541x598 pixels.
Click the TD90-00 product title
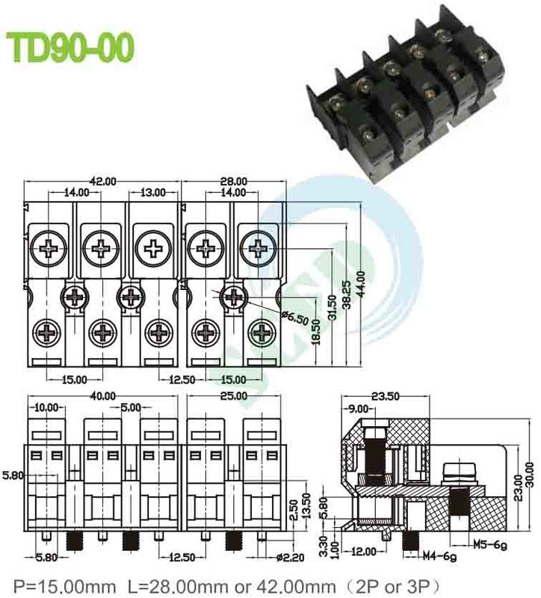[72, 47]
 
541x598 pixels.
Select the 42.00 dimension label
[102, 182]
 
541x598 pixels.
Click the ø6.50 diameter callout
[293, 317]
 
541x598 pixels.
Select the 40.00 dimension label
[102, 396]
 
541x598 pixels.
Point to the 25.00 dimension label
[233, 396]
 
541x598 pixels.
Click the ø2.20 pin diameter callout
[288, 557]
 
